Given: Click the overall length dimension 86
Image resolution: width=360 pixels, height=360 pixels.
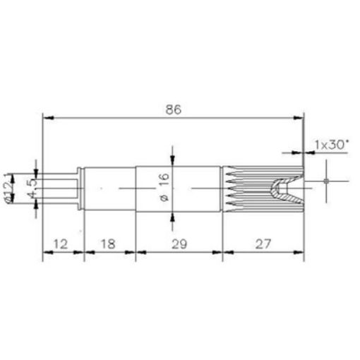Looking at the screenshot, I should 174,109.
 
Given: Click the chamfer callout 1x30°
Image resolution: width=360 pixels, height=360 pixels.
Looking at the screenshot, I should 330,144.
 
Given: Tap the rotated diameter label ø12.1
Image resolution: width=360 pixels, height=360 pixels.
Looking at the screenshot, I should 9,188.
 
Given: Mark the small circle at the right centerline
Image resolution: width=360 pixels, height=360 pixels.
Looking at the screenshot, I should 325,181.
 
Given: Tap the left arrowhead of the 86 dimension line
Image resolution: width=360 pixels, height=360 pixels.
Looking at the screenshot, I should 47,116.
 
